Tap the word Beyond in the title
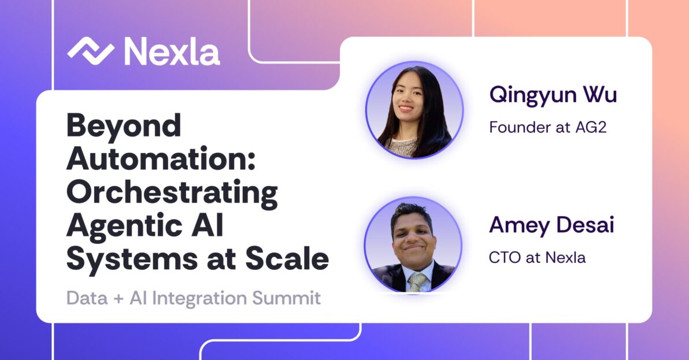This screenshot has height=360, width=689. [x=124, y=125]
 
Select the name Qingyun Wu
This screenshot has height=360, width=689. [x=553, y=94]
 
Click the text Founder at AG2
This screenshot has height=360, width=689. [x=547, y=127]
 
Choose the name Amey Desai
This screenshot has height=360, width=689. [x=551, y=225]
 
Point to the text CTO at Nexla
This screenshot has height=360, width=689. [x=537, y=257]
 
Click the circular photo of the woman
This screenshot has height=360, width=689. [x=414, y=109]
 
